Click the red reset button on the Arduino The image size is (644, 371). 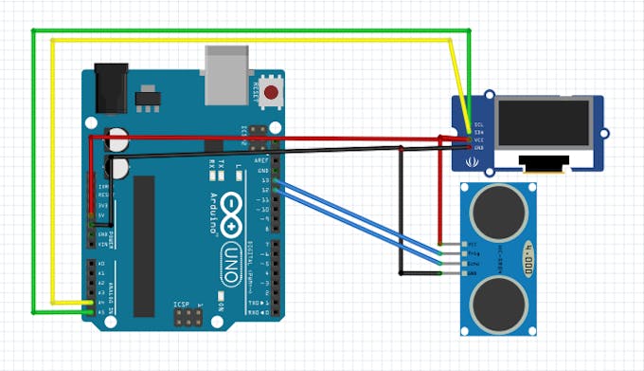(x=273, y=93)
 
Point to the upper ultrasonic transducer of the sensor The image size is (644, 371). (x=500, y=206)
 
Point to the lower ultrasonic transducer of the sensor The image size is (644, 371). (x=500, y=301)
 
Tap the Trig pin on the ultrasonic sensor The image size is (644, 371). (x=462, y=253)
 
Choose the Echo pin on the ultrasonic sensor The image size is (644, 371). (x=462, y=263)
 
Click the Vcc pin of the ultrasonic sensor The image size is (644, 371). (x=462, y=244)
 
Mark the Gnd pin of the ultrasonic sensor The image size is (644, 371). (x=462, y=273)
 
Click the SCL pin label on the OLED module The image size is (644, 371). (x=478, y=124)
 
